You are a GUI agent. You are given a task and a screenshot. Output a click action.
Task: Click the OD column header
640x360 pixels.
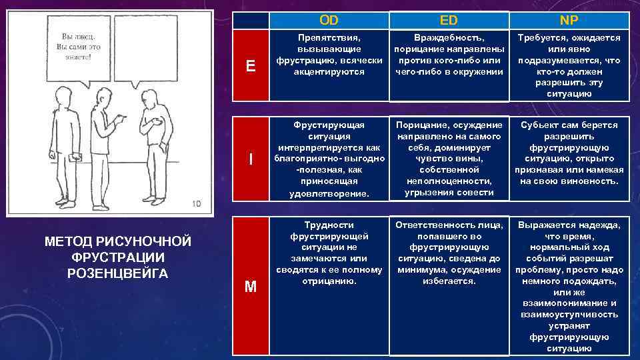coord(329,20)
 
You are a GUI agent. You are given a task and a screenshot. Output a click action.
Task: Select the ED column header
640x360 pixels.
coord(449,20)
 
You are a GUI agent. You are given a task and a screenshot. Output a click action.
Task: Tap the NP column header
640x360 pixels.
coord(569,20)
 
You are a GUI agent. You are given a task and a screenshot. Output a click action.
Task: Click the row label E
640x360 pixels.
coord(250,65)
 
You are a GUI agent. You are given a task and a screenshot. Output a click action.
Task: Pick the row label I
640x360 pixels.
coord(250,159)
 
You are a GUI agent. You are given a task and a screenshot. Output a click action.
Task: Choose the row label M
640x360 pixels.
coord(250,286)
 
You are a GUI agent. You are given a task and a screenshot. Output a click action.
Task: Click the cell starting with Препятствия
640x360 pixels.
coord(329,55)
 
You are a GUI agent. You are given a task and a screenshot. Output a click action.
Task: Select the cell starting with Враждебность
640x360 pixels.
coord(449,55)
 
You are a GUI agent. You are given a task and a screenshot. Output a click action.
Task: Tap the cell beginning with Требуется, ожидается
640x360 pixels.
coord(569,65)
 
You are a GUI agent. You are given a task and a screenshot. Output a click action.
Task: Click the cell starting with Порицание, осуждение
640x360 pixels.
coord(449,159)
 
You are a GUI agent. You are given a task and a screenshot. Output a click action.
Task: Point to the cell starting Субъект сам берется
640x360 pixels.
coord(569,153)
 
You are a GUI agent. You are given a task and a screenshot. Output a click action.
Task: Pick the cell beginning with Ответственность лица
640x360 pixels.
coord(449,253)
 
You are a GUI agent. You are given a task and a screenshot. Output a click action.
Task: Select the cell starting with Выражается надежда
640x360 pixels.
coord(569,286)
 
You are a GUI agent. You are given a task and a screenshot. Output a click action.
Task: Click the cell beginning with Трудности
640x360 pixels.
coord(329,253)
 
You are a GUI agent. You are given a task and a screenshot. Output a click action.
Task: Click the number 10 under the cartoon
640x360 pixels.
coord(196,204)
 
